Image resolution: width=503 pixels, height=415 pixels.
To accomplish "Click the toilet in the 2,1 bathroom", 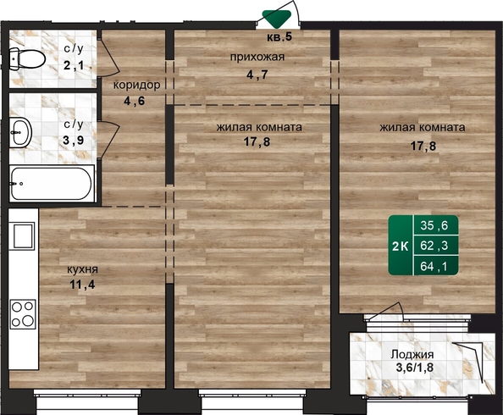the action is point(27,58).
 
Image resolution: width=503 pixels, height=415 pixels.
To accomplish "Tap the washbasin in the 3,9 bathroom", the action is point(20,132).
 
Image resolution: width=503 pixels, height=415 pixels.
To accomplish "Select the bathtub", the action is point(52,184).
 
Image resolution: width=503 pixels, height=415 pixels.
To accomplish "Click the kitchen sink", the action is point(23,235).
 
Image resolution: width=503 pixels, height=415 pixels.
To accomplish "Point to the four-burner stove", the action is point(23,314).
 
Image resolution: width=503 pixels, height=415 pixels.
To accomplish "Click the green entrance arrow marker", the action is point(277,19).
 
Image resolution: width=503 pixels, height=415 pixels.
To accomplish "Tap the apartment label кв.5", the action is point(279,37).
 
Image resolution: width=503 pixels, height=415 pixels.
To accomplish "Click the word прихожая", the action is point(257,57).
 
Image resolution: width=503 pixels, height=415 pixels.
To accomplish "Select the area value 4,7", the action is point(257,75).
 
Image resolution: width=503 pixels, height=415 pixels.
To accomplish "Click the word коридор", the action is point(136,85).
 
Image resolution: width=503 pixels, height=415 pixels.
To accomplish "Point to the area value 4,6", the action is point(134,101).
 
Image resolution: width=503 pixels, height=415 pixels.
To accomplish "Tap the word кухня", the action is point(82,269).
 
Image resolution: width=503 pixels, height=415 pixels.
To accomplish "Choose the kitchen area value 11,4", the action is point(82,285).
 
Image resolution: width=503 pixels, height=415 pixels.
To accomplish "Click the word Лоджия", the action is point(412,355).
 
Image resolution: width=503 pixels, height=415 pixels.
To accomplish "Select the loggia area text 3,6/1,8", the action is point(415,368).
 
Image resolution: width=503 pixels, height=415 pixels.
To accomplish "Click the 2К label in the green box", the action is point(401,246).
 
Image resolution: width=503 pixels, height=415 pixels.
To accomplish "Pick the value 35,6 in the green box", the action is point(434,225).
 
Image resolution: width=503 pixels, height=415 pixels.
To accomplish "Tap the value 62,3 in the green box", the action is point(434,246).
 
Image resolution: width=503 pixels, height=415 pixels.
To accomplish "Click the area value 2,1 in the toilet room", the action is point(75,65).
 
